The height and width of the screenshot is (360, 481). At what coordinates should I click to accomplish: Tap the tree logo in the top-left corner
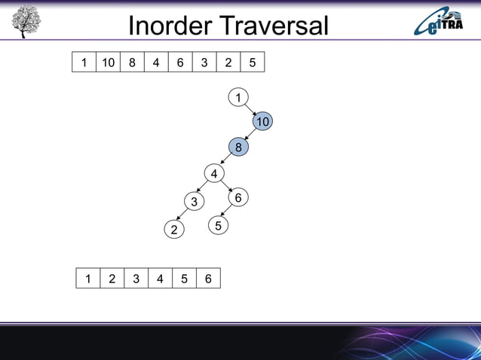pos(26,22)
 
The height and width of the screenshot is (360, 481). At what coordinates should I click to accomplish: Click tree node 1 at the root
pos(238,97)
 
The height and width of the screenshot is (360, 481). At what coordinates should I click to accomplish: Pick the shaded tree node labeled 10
pos(262,122)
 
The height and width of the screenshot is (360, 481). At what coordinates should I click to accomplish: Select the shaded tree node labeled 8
pos(238,148)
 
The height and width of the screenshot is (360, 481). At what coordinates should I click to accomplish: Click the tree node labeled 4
pos(214,174)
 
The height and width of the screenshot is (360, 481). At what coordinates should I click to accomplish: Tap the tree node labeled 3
pos(194,202)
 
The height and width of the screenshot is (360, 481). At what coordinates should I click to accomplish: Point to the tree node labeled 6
pos(237,197)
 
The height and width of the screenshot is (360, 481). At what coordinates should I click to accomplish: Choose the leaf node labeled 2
pos(174,230)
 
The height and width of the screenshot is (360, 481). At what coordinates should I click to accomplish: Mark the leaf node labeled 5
pos(218,225)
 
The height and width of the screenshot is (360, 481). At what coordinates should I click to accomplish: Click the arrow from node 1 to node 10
pos(250,110)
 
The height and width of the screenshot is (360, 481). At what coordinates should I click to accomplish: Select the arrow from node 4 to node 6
pos(226,185)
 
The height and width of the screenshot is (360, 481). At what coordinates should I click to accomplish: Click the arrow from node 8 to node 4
pos(226,161)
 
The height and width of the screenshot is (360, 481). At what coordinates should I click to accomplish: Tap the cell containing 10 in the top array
pos(108,63)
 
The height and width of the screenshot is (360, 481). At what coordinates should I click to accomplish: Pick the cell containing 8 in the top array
pos(132,63)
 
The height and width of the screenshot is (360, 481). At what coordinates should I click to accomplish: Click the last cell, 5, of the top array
pos(252,63)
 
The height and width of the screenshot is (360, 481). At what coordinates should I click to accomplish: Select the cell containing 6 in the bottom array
pos(208,279)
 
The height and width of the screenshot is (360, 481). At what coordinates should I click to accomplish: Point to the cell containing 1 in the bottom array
pos(88,279)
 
